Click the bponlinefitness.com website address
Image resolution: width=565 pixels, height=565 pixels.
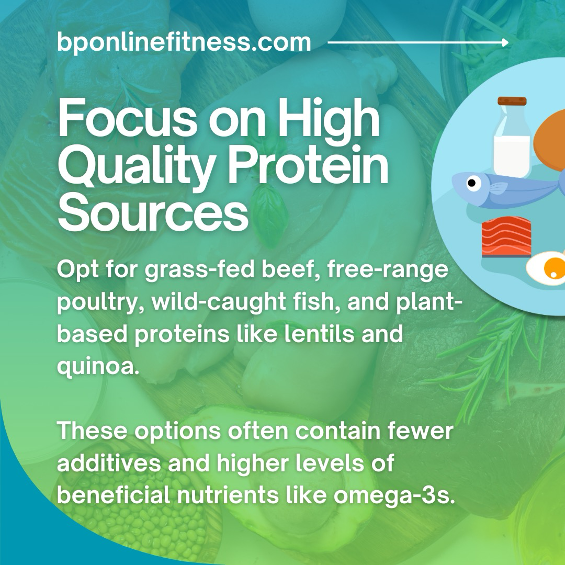184,42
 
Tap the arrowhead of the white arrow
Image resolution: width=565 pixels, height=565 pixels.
505,42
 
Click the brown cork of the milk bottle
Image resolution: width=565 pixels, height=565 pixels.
512,101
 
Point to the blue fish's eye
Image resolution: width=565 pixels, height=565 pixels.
473,183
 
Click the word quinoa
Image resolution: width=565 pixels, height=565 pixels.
98,366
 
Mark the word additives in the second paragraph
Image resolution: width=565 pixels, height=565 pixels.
109,462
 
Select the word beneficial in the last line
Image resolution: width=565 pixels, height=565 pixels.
114,495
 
